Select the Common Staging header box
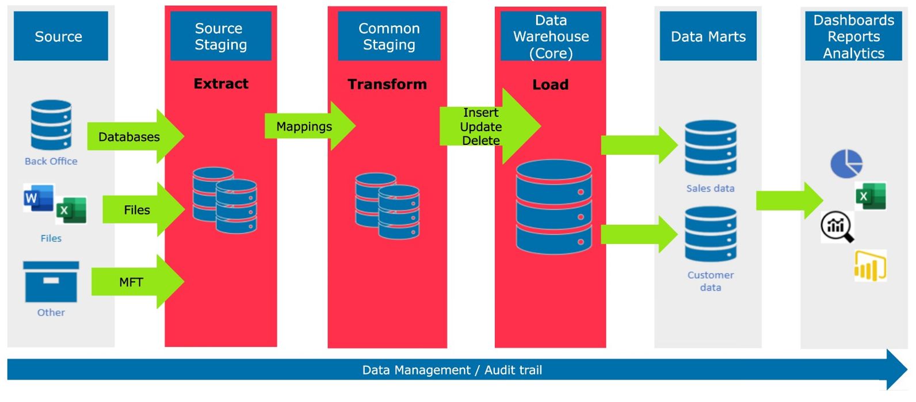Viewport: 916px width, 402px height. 389,36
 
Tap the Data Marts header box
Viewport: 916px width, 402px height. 708,36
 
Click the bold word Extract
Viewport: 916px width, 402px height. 221,84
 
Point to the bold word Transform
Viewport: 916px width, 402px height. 387,85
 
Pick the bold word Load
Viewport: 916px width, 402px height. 550,85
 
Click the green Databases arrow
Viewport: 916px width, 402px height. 135,137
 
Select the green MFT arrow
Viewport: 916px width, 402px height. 137,282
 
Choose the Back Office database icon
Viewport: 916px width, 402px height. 51,124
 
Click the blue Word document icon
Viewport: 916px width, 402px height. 38,198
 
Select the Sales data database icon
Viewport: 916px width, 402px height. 711,148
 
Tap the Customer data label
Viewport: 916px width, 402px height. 711,281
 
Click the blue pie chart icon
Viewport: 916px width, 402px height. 846,163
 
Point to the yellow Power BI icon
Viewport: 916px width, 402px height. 870,266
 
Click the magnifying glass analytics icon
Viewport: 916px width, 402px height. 837,226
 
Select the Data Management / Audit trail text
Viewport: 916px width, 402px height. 452,370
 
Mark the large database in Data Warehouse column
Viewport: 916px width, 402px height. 554,207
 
